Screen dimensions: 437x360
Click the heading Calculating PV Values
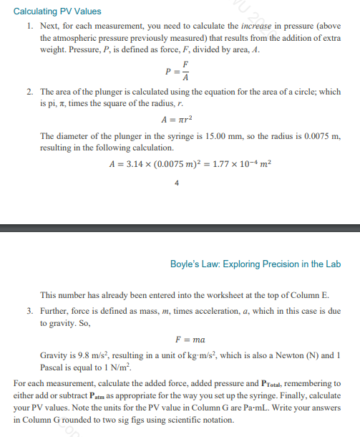point(57,11)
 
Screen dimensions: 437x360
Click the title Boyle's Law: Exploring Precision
point(256,264)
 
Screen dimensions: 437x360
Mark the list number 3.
point(29,311)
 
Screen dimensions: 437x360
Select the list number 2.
point(29,92)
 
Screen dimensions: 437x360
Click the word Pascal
point(54,368)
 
